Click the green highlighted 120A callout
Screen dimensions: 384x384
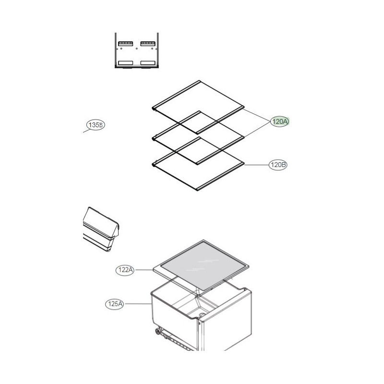pos(280,121)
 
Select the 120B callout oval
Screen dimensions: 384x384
pos(278,165)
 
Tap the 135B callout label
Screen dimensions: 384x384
pos(96,125)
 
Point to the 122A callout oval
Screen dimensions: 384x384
pos(125,270)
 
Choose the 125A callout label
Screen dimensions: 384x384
pos(114,304)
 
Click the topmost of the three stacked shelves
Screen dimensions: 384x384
pos(198,107)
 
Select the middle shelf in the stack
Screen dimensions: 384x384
pos(198,138)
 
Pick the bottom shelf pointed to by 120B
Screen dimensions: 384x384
pos(198,164)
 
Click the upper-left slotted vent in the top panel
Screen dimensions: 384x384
pos(125,44)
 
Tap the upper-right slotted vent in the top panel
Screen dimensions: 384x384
pos(148,44)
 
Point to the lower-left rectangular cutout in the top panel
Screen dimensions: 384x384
pos(125,63)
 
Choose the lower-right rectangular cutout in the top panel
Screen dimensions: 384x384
pos(148,63)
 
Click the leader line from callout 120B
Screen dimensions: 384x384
pos(257,165)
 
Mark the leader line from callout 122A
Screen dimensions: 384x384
pos(144,270)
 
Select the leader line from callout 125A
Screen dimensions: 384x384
pos(137,304)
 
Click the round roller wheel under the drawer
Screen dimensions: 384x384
pos(157,332)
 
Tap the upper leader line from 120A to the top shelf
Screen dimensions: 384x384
pos(256,115)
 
